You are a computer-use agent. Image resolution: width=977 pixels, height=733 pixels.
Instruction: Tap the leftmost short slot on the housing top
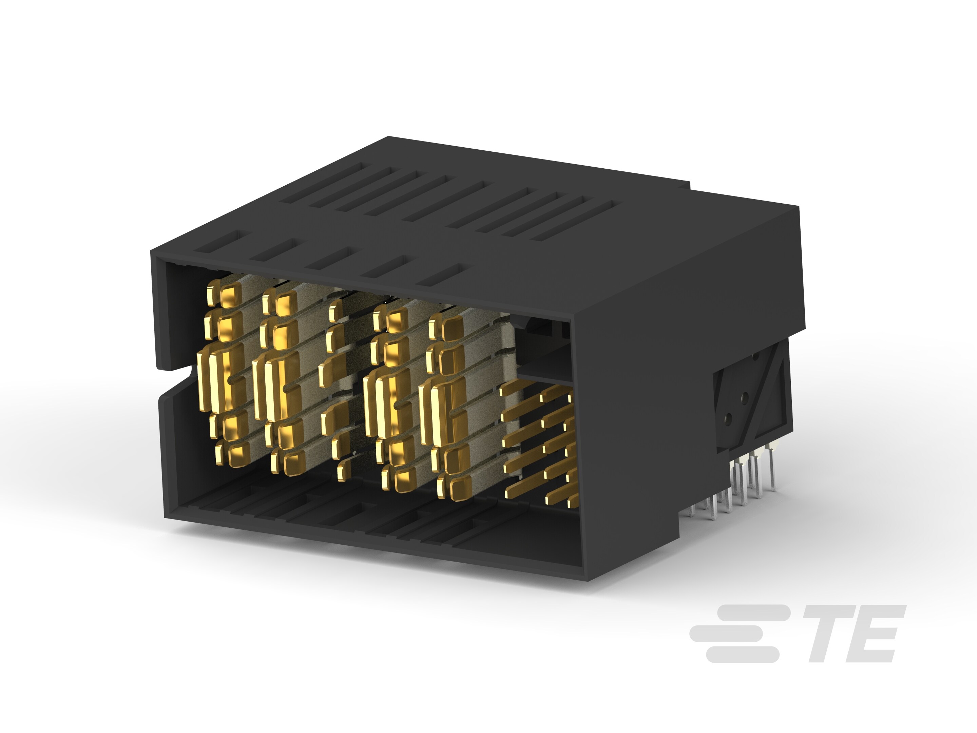click(x=216, y=241)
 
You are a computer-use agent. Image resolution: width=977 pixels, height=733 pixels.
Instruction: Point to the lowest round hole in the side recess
click(x=728, y=417)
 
